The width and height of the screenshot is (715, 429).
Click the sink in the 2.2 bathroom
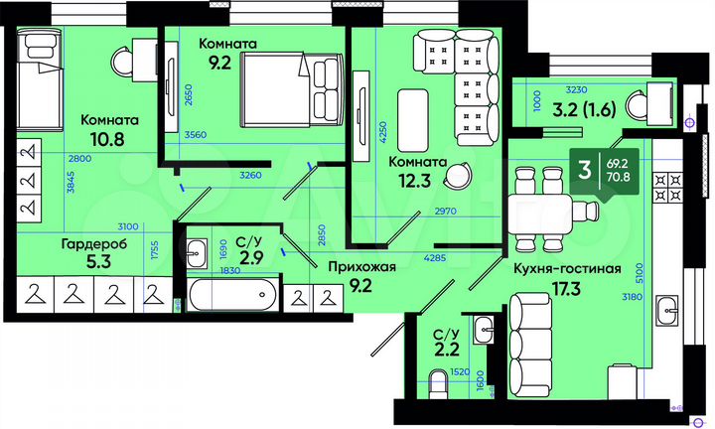click(485, 328)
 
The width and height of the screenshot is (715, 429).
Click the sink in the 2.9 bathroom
click(197, 249)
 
